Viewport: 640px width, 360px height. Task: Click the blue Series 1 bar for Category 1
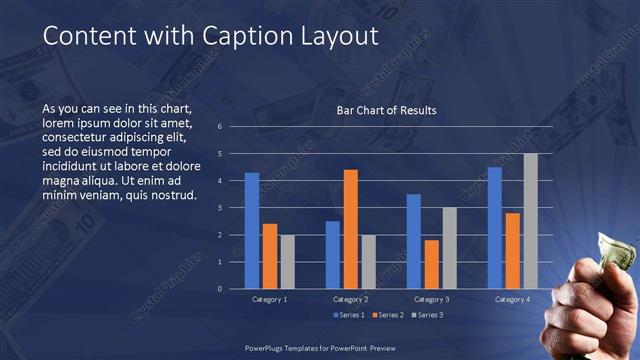(x=252, y=231)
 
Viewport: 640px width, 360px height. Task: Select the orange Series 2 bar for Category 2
(x=350, y=229)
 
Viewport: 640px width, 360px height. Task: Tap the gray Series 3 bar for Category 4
(x=531, y=221)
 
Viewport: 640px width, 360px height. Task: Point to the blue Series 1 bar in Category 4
(x=494, y=228)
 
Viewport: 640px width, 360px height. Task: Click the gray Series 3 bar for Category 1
(x=288, y=262)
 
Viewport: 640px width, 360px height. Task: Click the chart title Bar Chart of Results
(x=386, y=110)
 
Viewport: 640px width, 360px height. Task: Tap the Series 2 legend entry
(x=388, y=316)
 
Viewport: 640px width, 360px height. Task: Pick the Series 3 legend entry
(x=427, y=316)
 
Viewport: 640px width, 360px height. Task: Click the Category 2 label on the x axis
(x=350, y=299)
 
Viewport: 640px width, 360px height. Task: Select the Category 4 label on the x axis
(x=513, y=299)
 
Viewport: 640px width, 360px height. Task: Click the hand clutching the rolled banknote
(x=590, y=300)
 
